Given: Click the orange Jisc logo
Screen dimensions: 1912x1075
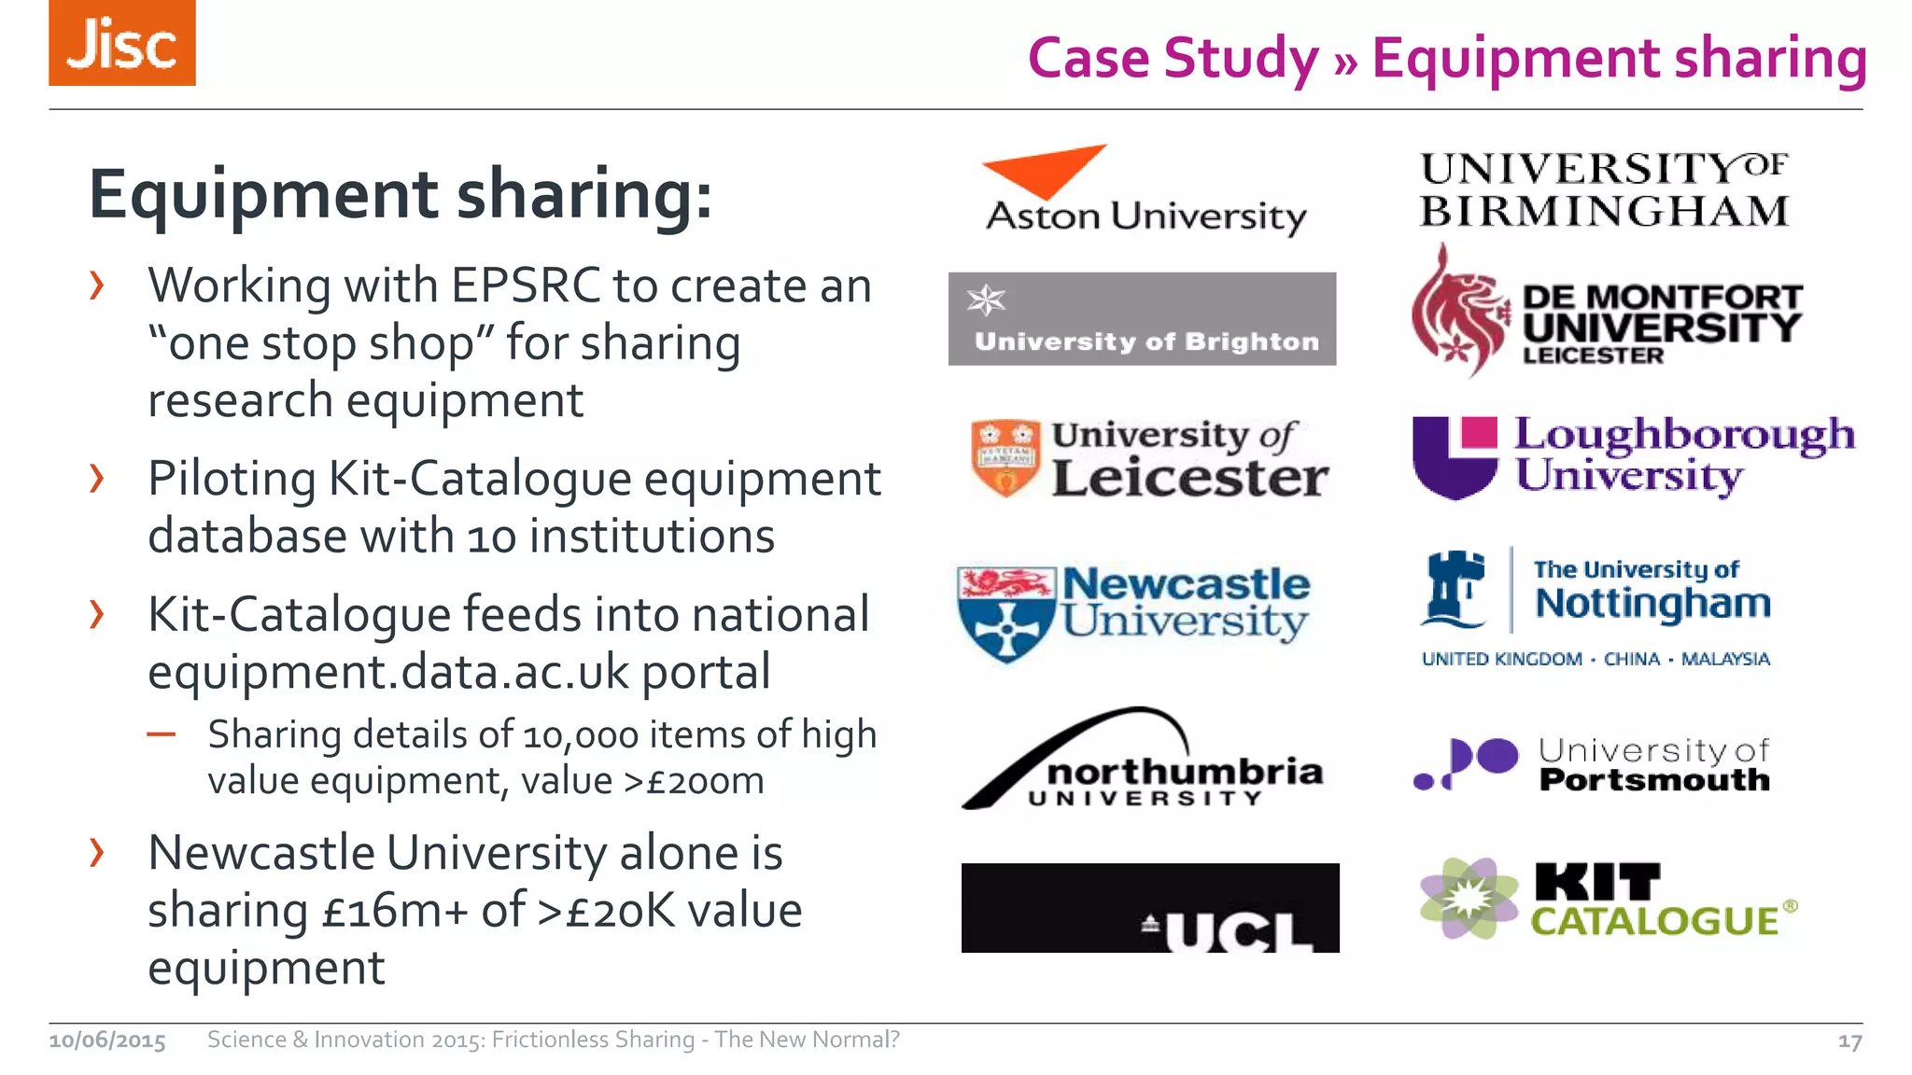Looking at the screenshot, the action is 122,43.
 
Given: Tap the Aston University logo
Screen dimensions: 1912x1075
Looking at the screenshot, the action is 1145,191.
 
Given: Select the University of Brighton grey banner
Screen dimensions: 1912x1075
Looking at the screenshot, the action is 1142,319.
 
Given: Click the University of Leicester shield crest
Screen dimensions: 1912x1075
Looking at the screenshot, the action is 1005,457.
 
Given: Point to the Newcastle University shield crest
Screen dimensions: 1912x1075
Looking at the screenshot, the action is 1006,613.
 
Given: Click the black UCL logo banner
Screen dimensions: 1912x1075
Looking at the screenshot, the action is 1150,908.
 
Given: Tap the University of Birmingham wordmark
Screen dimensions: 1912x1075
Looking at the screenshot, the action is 1604,190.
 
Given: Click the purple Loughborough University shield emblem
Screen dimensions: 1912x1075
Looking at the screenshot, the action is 1455,456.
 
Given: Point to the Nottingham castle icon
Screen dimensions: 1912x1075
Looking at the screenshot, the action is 1454,589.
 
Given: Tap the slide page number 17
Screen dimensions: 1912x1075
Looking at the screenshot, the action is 1849,1041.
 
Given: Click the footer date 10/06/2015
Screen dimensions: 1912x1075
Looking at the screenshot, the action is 107,1040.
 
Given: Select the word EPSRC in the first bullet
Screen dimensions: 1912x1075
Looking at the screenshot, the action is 526,286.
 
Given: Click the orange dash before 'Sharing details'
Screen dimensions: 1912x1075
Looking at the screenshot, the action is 162,734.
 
